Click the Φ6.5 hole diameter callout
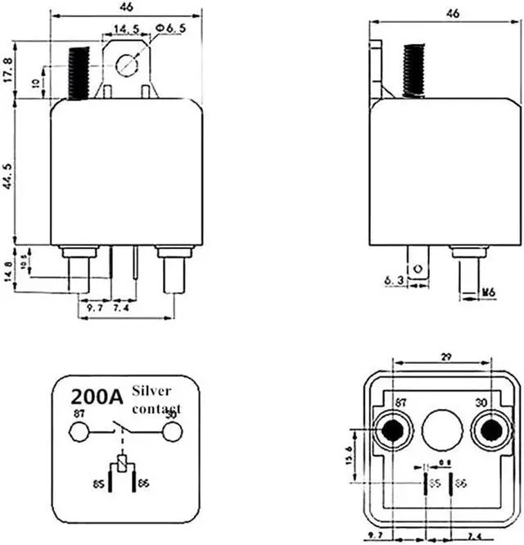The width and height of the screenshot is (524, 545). [x=169, y=29]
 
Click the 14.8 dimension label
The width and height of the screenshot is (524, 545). [x=10, y=270]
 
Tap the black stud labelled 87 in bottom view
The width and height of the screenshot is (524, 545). [x=391, y=429]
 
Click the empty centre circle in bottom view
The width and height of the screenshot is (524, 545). [x=442, y=428]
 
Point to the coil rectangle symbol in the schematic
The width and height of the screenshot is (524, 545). [x=121, y=464]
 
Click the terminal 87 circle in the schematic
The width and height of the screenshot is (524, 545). [x=79, y=431]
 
